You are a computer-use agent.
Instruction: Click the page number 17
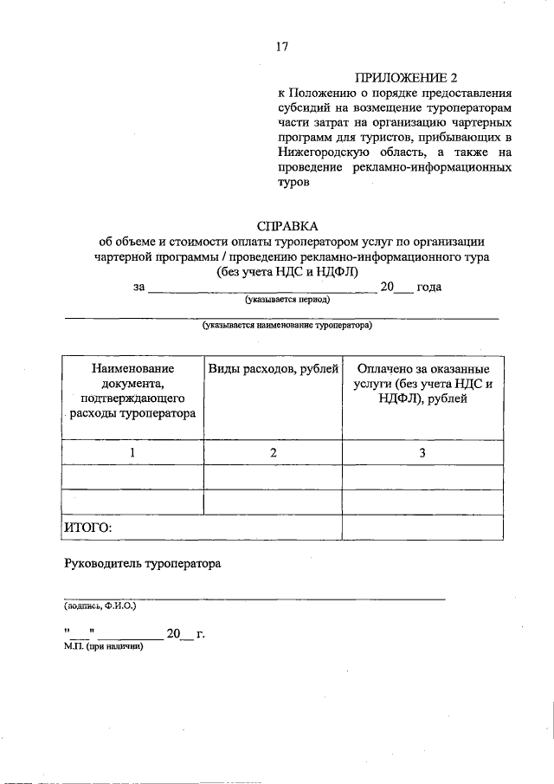(281, 47)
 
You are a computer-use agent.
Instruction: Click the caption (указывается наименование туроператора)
(281, 327)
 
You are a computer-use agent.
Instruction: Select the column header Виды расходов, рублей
(273, 369)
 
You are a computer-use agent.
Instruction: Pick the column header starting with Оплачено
(422, 384)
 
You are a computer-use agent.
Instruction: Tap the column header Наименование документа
(132, 391)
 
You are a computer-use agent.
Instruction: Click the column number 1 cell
(132, 452)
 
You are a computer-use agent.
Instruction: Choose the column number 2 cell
(273, 452)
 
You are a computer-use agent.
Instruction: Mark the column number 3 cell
(422, 452)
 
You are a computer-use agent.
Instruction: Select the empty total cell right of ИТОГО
(422, 527)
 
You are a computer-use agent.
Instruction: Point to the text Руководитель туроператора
(143, 564)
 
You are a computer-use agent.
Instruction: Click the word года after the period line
(429, 287)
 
